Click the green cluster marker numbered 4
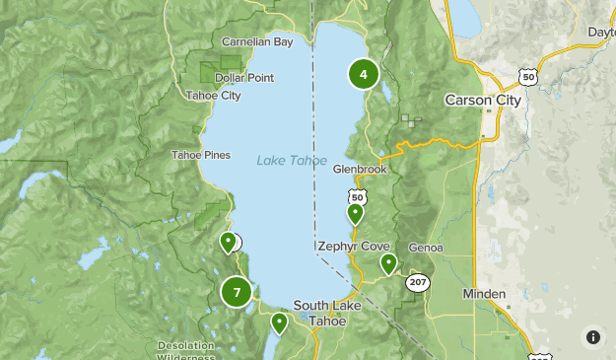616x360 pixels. pyautogui.click(x=364, y=74)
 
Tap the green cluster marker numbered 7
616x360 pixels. pyautogui.click(x=237, y=292)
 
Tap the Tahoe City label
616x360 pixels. pyautogui.click(x=213, y=96)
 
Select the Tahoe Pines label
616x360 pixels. pyautogui.click(x=200, y=155)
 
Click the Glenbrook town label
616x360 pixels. pyautogui.click(x=360, y=170)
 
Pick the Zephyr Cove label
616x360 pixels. pyautogui.click(x=354, y=246)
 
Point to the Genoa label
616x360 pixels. pyautogui.click(x=425, y=248)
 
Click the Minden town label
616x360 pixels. pyautogui.click(x=484, y=294)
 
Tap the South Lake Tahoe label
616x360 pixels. pyautogui.click(x=326, y=313)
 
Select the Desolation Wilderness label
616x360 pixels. pyautogui.click(x=193, y=351)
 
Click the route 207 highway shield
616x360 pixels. pyautogui.click(x=417, y=281)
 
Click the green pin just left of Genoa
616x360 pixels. pyautogui.click(x=389, y=262)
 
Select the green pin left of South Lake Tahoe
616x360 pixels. pyautogui.click(x=279, y=322)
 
